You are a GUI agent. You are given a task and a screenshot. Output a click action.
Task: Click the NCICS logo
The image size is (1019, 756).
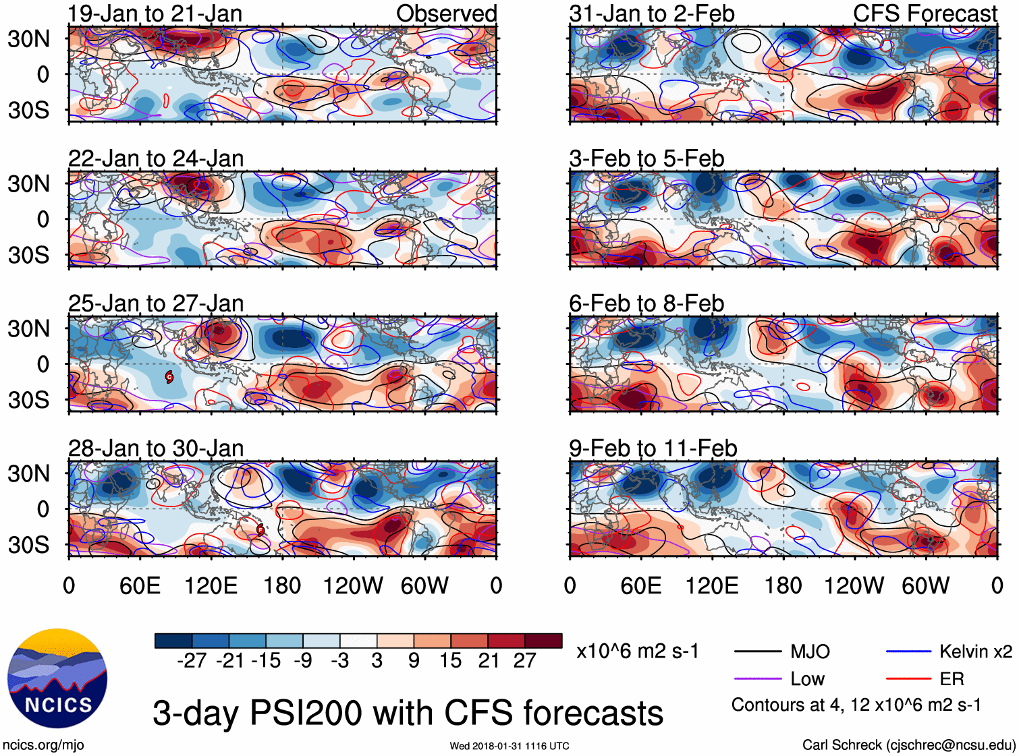57,678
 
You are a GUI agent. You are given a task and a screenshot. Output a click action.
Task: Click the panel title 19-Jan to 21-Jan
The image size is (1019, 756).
155,13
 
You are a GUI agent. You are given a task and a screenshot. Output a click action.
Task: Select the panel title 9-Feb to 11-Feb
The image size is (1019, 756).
653,448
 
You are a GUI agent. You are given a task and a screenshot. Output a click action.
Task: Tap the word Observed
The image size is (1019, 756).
446,13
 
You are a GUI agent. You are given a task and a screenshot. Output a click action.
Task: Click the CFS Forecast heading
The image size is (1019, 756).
925,13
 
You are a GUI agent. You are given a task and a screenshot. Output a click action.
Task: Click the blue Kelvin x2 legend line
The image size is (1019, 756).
908,651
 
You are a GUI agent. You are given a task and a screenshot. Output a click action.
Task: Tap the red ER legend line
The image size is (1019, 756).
908,678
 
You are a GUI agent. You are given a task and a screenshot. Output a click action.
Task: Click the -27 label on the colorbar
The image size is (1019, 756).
192,660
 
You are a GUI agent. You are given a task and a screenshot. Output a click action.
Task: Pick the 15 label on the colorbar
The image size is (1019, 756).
450,660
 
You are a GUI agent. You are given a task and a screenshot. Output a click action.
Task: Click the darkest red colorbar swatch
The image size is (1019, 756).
543,641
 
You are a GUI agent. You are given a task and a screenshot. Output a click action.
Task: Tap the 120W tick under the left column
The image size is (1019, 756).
353,585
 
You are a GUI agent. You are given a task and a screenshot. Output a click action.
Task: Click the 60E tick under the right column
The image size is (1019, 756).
640,585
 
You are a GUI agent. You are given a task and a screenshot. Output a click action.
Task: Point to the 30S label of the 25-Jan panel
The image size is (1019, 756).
28,400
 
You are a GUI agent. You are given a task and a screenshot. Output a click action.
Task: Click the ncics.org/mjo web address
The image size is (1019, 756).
43,745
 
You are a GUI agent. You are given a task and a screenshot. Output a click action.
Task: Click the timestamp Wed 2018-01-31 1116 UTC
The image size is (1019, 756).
509,746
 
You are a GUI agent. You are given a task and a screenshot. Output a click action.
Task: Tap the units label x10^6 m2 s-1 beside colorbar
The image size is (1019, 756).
637,651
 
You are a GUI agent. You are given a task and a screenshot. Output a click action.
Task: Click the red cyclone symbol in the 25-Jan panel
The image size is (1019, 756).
169,377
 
